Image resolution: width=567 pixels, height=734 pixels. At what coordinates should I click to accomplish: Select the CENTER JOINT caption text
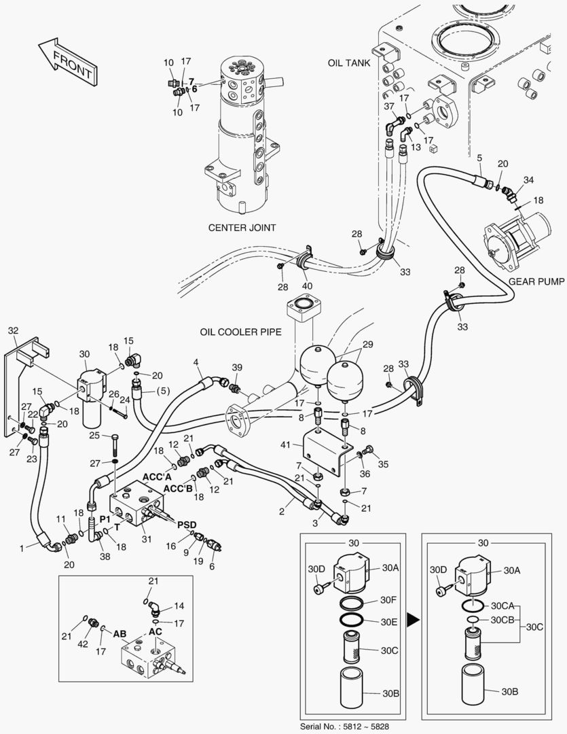click(x=242, y=228)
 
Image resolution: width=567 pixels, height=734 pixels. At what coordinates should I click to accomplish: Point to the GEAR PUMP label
click(x=536, y=281)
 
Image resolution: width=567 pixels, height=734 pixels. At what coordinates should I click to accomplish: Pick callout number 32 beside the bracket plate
click(x=13, y=330)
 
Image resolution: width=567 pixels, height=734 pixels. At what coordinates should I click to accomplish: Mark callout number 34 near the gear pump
click(x=529, y=179)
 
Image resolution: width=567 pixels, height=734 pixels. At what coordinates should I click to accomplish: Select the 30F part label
click(x=388, y=599)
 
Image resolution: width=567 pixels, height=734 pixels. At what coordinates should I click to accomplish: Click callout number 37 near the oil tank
click(x=388, y=106)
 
